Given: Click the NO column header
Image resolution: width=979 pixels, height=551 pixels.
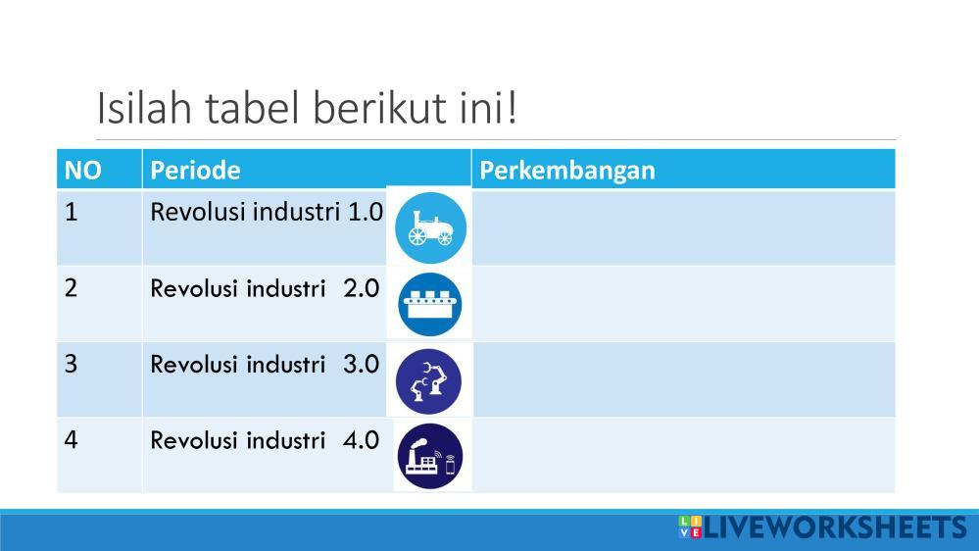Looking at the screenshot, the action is [82, 170].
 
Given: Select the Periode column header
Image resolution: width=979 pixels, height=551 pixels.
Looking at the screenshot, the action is [195, 170].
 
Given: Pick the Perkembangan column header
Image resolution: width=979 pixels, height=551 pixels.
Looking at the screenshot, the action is [567, 171].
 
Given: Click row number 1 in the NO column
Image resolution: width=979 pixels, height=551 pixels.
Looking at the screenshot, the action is [72, 212].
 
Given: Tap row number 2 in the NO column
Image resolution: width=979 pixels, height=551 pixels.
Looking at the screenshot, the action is [72, 288].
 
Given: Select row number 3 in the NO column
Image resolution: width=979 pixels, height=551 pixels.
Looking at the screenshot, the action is [72, 364].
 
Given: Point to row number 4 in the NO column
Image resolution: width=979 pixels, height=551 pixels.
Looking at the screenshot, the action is [72, 440].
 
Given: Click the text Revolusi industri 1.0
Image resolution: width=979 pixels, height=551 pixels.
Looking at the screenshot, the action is [267, 212].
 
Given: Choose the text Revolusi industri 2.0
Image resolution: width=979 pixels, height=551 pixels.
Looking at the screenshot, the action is [265, 288].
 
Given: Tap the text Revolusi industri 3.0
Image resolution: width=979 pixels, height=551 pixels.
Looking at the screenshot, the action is [265, 364].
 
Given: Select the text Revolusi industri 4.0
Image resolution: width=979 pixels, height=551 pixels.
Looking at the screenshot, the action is [265, 440].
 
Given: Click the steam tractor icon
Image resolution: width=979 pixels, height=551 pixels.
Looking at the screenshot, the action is [431, 227].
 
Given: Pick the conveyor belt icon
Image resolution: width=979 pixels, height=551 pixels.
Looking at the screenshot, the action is [430, 304].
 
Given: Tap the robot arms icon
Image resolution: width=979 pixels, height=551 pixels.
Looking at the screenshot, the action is [429, 381].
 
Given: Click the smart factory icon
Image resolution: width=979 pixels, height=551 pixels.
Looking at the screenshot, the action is [430, 457].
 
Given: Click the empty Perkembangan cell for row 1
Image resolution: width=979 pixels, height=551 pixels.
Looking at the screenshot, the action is [684, 227].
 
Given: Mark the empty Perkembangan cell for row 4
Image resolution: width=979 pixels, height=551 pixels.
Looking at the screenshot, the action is [684, 456].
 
